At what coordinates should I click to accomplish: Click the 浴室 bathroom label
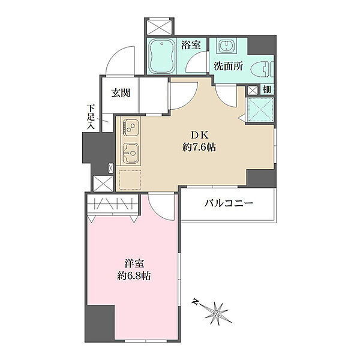click(x=191, y=45)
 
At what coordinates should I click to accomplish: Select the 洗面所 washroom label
click(x=228, y=67)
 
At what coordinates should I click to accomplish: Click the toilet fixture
click(x=262, y=69)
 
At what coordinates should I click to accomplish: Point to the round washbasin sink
click(x=227, y=46)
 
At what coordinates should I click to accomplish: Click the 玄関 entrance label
click(x=121, y=93)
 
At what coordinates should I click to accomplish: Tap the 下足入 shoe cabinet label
click(x=91, y=117)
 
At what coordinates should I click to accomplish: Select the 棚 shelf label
click(x=266, y=89)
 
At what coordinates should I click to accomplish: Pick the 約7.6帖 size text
click(x=199, y=147)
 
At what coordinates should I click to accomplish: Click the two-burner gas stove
click(x=130, y=127)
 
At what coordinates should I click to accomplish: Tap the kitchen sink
click(x=130, y=153)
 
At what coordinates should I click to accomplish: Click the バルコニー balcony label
click(x=229, y=203)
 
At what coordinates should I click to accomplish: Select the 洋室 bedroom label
click(x=134, y=264)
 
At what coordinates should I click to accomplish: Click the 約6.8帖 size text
click(x=134, y=276)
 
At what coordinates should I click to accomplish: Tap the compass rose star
click(x=217, y=313)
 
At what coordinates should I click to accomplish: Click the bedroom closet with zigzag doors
click(x=113, y=203)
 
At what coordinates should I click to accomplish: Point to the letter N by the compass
click(x=196, y=301)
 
